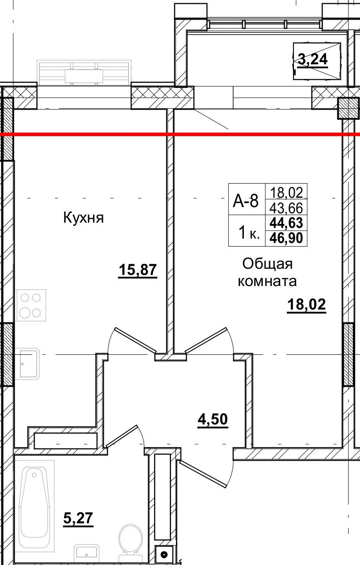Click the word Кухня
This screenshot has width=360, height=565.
point(83,218)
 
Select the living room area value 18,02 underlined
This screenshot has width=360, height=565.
point(306,305)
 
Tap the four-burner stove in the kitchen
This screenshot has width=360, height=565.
point(31,305)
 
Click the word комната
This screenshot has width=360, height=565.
point(267,281)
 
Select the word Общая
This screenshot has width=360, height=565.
point(267,264)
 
